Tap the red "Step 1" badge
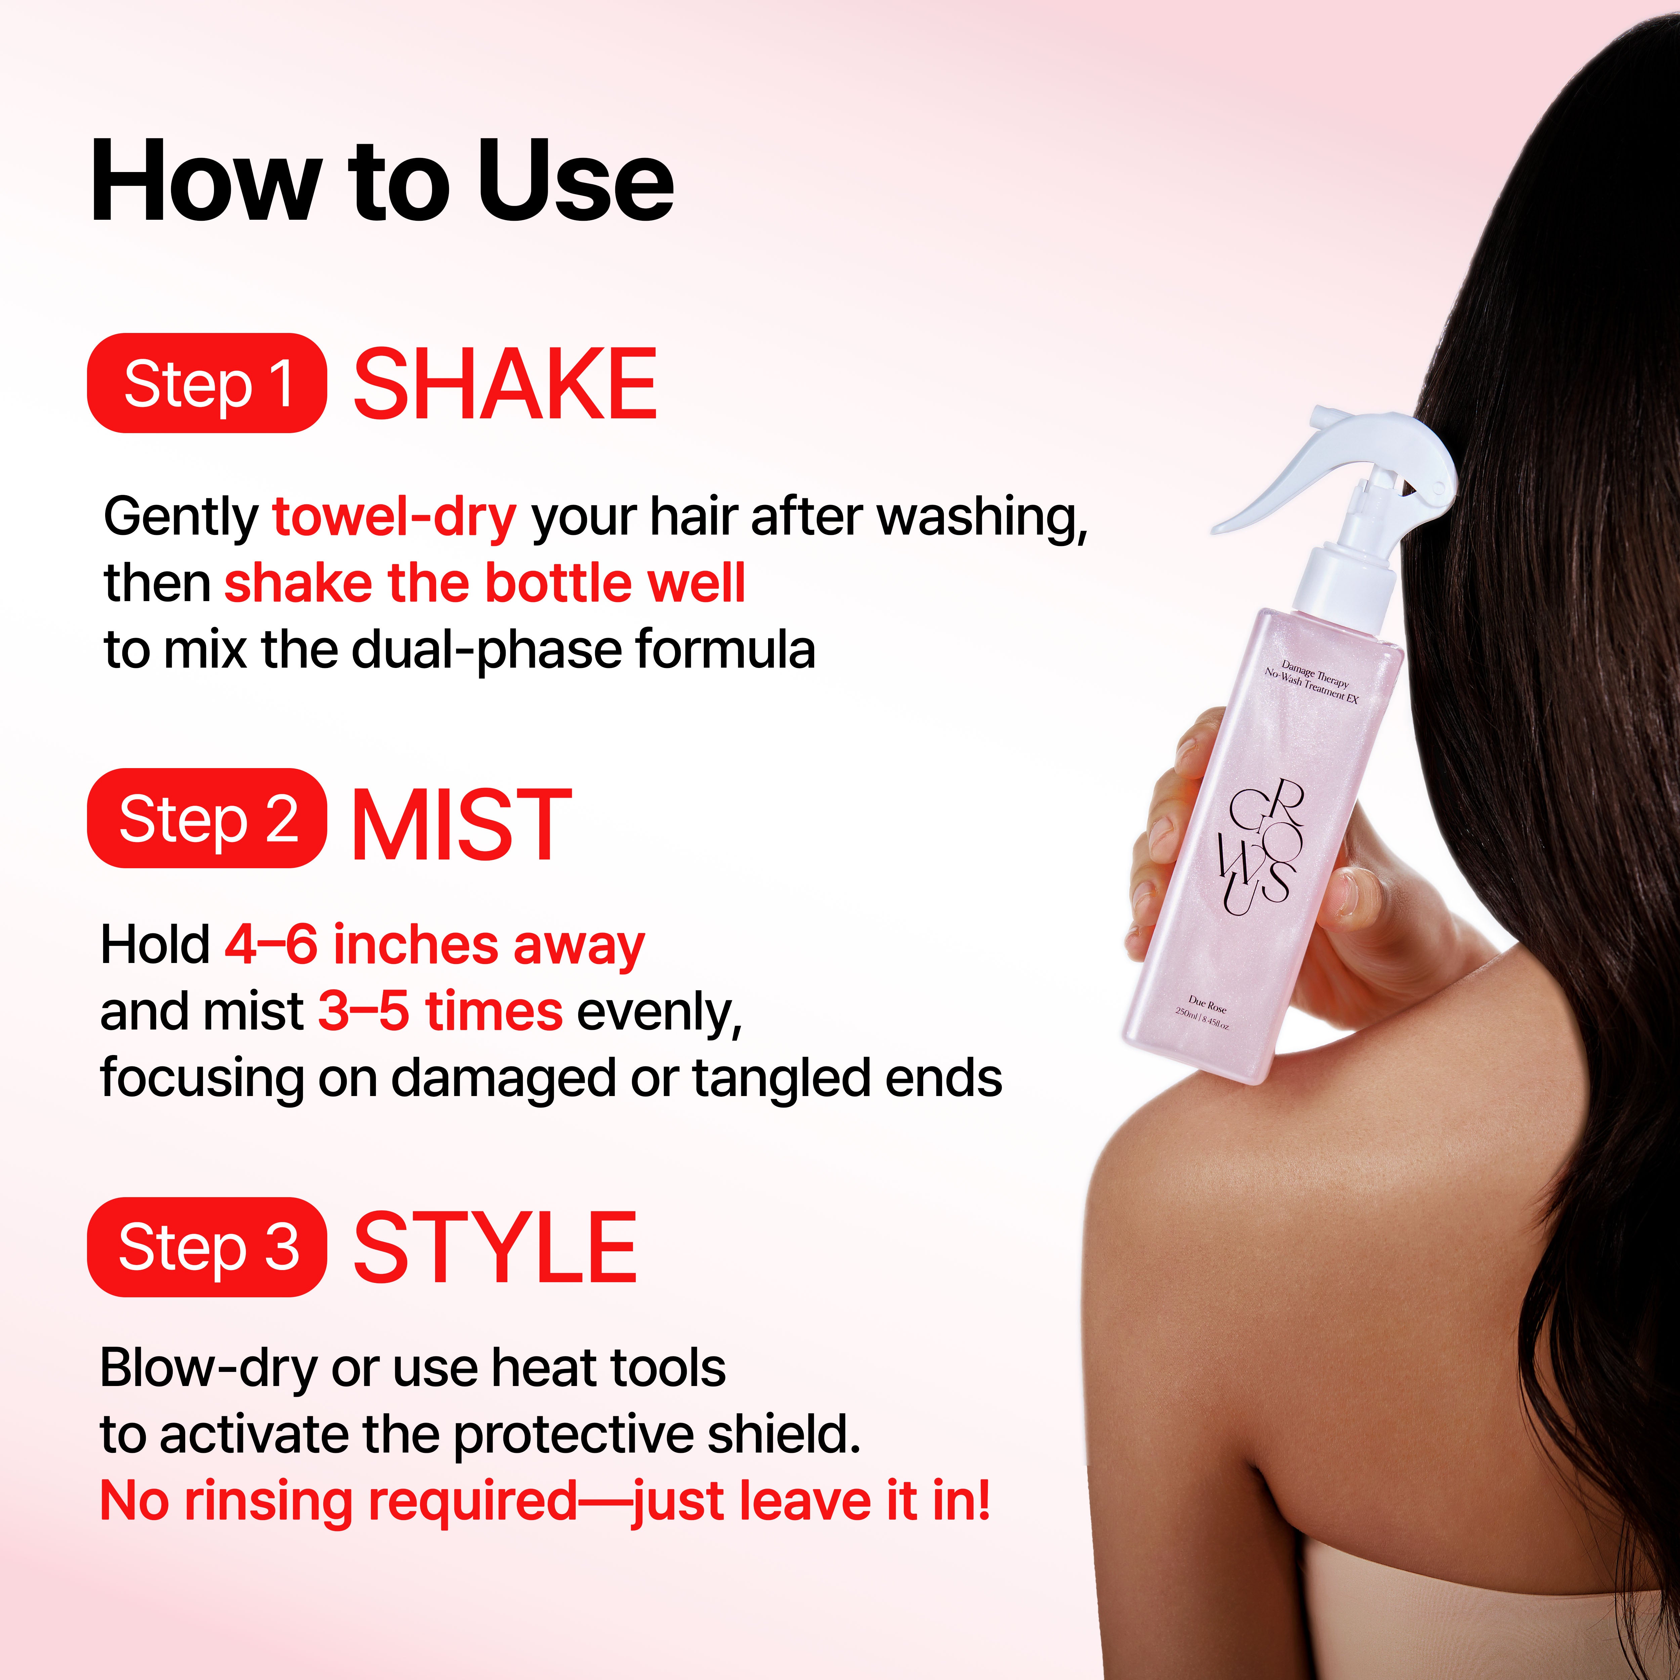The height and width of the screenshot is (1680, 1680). click(x=207, y=383)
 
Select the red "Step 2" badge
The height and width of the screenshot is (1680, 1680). click(x=207, y=818)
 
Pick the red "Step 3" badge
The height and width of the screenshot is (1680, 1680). click(x=207, y=1247)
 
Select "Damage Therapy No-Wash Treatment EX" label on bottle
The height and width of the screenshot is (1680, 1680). click(x=1311, y=683)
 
